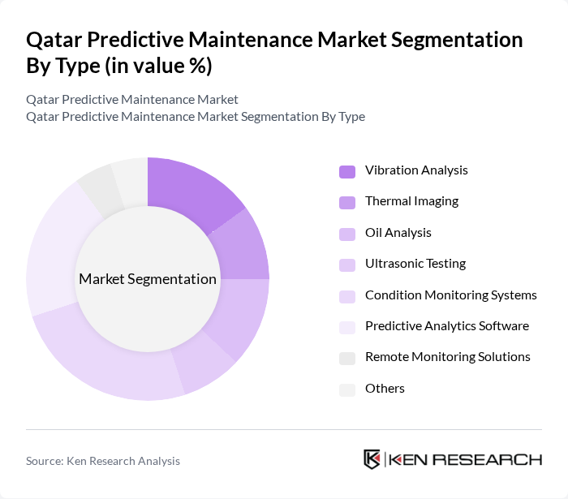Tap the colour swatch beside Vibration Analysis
pos(346,171)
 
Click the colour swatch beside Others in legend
pos(346,389)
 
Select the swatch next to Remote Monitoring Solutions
pos(346,358)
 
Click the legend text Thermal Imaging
pos(411,201)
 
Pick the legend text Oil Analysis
pos(398,233)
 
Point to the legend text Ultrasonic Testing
pos(415,264)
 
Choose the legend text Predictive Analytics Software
pos(446,326)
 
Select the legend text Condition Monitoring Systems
pos(450,295)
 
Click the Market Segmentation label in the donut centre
pos(148,279)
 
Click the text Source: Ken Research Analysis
pos(103,461)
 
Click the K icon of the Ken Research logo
pos(372,459)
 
